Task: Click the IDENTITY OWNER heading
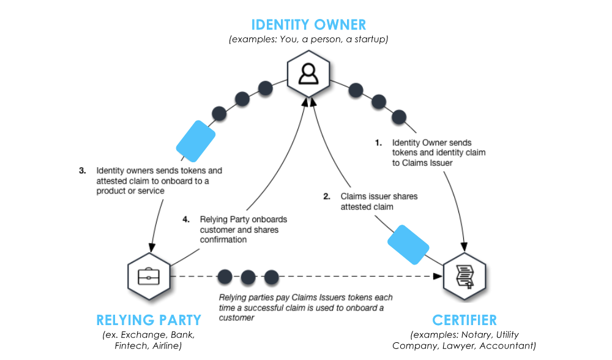pyautogui.click(x=308, y=24)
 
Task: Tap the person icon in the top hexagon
pyautogui.click(x=308, y=74)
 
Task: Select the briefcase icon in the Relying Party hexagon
pyautogui.click(x=149, y=277)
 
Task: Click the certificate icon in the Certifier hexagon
pyautogui.click(x=465, y=277)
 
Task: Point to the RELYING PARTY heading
pyautogui.click(x=149, y=320)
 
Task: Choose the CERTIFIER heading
pyautogui.click(x=465, y=320)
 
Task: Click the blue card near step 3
pyautogui.click(x=196, y=141)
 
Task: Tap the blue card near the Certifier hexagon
pyautogui.click(x=408, y=244)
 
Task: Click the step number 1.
pyautogui.click(x=378, y=143)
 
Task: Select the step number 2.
pyautogui.click(x=327, y=197)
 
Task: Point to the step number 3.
pyautogui.click(x=83, y=171)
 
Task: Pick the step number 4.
pyautogui.click(x=186, y=219)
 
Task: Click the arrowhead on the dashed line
pyautogui.click(x=438, y=277)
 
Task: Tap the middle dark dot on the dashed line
pyautogui.click(x=248, y=277)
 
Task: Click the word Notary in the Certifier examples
pyautogui.click(x=475, y=335)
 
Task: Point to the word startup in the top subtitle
pyautogui.click(x=371, y=39)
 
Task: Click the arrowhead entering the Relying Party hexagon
pyautogui.click(x=152, y=247)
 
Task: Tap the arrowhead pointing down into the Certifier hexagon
pyautogui.click(x=464, y=247)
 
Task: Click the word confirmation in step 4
pyautogui.click(x=223, y=240)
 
